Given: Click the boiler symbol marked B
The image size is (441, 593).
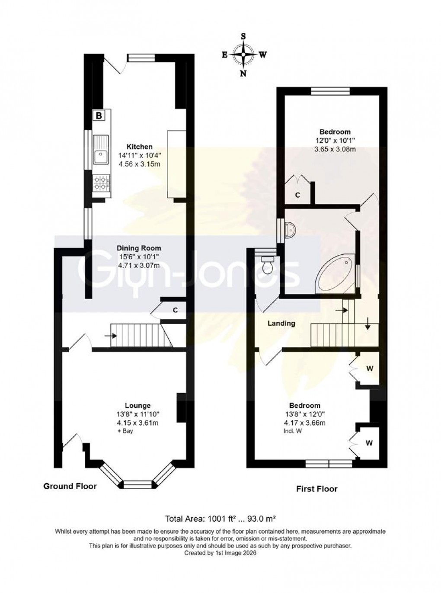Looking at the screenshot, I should (99, 115).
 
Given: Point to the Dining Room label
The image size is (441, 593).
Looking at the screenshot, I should (139, 248).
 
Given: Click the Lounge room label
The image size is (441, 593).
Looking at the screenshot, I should (137, 405).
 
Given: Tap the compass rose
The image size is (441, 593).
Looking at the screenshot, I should (243, 55).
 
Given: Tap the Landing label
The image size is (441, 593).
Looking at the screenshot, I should (281, 323).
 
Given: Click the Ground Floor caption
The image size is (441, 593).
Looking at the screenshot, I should (70, 486).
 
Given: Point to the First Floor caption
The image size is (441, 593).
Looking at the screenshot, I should (316, 489).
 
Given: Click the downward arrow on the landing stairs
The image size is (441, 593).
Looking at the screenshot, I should (367, 324).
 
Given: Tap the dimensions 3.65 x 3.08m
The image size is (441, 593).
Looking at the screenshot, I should (335, 149).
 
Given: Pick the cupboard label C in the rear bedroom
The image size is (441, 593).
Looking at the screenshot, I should (297, 195).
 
